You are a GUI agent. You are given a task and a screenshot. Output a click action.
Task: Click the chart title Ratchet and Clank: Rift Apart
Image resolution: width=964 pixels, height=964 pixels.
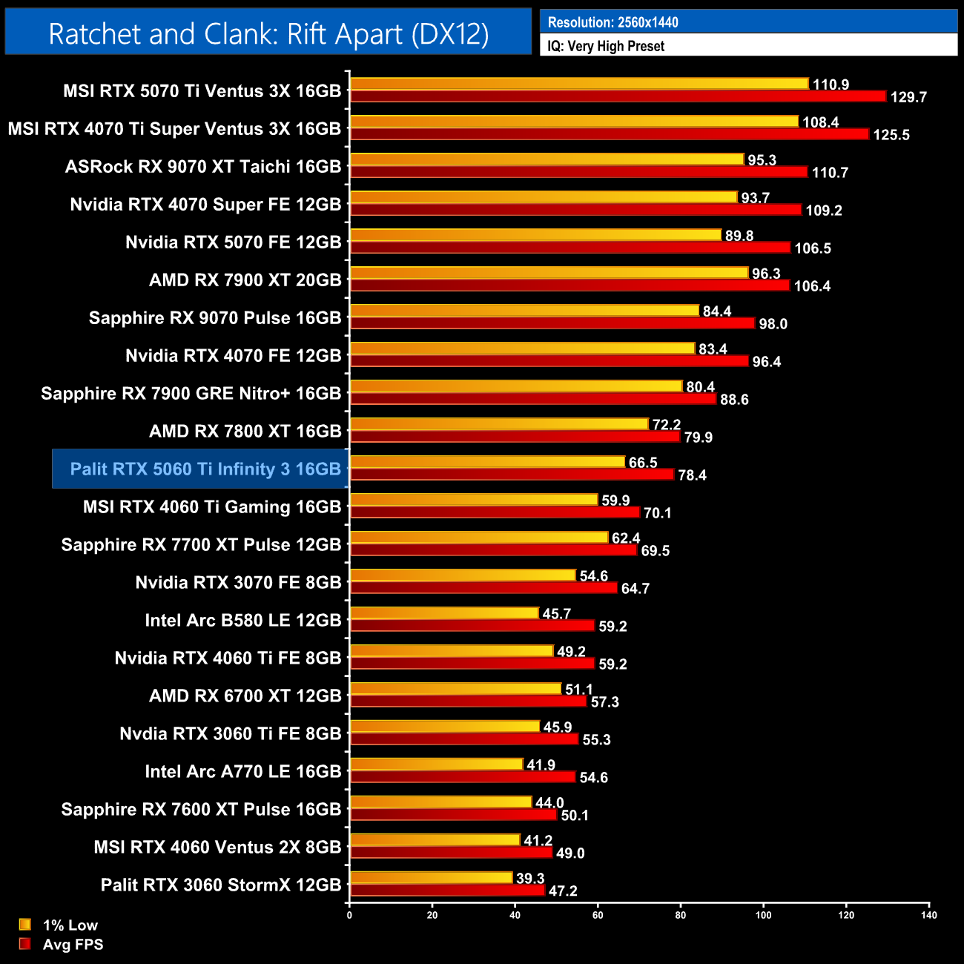[268, 34]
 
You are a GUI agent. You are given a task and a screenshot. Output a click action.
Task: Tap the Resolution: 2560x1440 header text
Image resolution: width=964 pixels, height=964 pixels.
[613, 22]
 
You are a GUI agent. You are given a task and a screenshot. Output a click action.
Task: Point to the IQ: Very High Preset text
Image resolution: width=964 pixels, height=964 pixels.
[606, 46]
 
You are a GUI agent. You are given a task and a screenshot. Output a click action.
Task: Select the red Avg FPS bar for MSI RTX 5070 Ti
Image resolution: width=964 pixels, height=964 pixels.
[618, 96]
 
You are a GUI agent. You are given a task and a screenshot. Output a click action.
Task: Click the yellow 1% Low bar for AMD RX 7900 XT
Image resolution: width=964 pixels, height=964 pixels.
[549, 273]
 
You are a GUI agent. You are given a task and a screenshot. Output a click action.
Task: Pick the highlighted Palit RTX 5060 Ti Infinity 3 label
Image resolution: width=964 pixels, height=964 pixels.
[205, 469]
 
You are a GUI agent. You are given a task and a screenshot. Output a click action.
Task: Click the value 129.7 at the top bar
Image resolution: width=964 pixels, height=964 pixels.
[908, 97]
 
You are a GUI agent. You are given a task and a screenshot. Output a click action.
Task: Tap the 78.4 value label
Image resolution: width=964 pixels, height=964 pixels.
[692, 475]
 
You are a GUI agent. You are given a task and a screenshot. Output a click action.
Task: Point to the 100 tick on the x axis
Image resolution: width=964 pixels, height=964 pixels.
[763, 915]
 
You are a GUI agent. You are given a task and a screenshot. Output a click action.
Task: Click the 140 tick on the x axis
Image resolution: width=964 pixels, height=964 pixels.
[928, 915]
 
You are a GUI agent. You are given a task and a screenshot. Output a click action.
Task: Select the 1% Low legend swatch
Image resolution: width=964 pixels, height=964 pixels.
[25, 925]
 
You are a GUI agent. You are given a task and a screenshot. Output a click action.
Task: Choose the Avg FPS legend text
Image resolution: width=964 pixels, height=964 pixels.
[73, 945]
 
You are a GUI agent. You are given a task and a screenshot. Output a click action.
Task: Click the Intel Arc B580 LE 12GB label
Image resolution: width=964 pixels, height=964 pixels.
[243, 620]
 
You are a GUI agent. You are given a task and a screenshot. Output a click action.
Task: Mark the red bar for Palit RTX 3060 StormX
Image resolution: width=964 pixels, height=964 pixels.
[447, 890]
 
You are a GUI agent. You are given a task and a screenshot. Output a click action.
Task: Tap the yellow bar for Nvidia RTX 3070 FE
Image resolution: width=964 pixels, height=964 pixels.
[463, 575]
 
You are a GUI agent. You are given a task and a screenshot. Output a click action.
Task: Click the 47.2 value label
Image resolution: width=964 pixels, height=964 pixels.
[563, 891]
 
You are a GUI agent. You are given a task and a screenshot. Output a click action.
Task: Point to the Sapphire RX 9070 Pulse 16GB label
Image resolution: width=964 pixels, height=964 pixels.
[215, 317]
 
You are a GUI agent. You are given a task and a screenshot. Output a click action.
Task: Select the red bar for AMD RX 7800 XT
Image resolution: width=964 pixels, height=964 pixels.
[515, 436]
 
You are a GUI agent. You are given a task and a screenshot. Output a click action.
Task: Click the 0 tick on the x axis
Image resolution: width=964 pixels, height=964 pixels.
[349, 915]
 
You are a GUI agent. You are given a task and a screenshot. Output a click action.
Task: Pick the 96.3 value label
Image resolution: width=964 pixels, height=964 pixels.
[766, 274]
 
